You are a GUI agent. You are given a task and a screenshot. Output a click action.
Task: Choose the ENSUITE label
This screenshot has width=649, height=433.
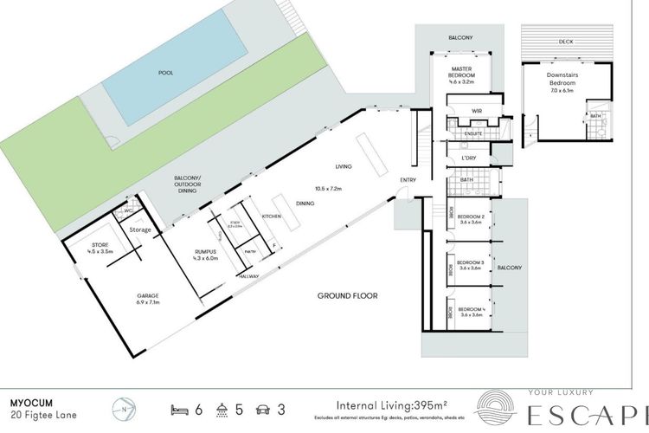[472, 133]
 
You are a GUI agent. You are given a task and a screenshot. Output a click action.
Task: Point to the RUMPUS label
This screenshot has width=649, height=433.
[210, 255]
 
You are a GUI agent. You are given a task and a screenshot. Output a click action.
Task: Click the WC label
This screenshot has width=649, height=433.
[128, 210]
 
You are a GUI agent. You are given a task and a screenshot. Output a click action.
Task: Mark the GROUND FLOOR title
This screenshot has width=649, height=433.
[347, 295]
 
